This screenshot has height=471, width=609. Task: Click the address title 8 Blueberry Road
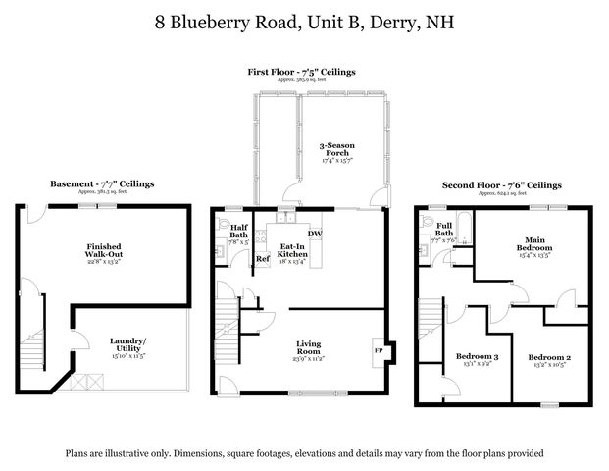coord(304,22)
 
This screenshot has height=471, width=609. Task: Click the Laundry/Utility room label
coord(128,346)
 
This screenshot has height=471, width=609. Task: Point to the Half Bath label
coord(239,234)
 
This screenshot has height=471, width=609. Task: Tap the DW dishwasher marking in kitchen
coord(316,233)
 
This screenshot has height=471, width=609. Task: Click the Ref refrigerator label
coord(262,259)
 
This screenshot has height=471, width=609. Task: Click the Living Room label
coord(310,348)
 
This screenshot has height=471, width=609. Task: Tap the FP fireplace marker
coord(379,349)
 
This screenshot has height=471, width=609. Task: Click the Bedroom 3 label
coord(478,358)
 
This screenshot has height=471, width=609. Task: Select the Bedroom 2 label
coord(549,358)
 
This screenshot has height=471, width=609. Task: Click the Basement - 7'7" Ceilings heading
coord(102,183)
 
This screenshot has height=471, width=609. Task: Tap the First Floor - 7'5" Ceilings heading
coord(300,72)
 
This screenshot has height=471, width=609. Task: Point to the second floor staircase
coord(432,329)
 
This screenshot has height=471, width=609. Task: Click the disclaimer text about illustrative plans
coord(304,453)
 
